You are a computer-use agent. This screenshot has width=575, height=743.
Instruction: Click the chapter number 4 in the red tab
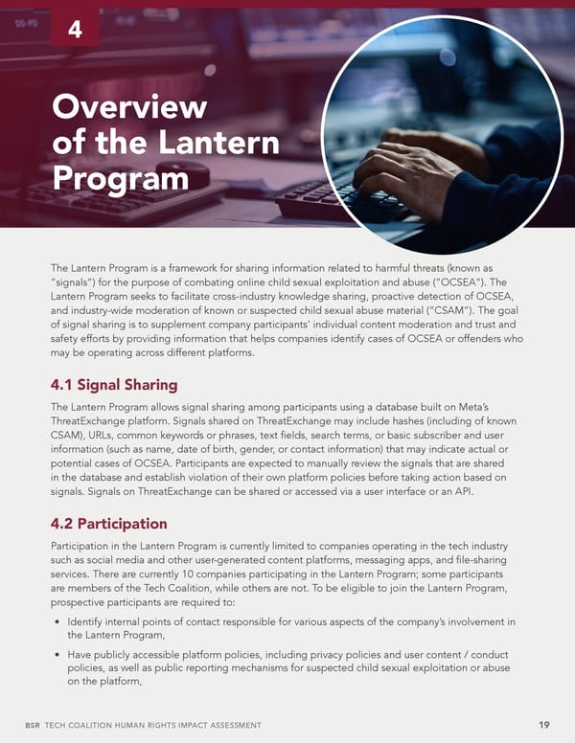coord(75,32)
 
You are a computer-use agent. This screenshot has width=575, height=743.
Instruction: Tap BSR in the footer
coord(34,726)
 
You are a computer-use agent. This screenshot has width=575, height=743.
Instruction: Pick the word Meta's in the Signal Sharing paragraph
coord(497,409)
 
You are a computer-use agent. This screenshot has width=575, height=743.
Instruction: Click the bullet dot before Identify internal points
coord(57,622)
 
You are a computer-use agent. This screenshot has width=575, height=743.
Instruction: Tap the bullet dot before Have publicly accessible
coord(57,654)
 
